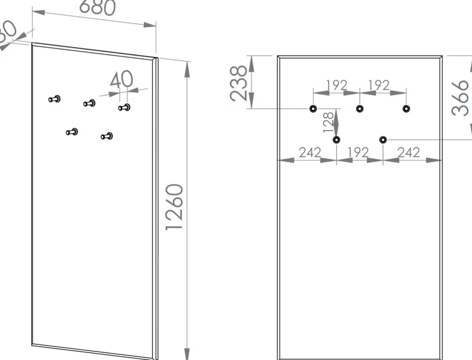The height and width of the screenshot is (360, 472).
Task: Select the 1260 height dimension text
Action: coord(175,207)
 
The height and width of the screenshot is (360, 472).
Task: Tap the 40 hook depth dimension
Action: coord(121,79)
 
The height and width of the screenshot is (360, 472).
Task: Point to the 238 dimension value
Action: coord(239,83)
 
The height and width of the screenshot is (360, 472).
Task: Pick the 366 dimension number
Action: coord(461,97)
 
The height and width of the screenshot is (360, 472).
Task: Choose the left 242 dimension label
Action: coord(310,152)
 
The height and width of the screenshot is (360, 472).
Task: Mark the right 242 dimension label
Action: coord(409,152)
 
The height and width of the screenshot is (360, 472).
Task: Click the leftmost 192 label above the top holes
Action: coord(337,85)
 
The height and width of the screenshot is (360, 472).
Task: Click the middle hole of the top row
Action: coord(360,109)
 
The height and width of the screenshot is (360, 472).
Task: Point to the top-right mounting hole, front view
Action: coord(406,109)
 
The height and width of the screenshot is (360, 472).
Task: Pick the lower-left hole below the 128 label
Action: coord(337,140)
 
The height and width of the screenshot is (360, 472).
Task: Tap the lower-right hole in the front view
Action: coord(383,140)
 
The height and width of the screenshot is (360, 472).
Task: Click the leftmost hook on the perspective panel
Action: coord(55,99)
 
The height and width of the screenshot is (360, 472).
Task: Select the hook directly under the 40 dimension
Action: coord(124,108)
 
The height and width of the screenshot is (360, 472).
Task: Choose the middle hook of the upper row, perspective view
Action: coord(89,103)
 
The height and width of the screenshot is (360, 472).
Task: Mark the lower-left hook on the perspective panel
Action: coord(72,132)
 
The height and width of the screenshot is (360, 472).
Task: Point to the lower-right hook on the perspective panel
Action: coord(107,136)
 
